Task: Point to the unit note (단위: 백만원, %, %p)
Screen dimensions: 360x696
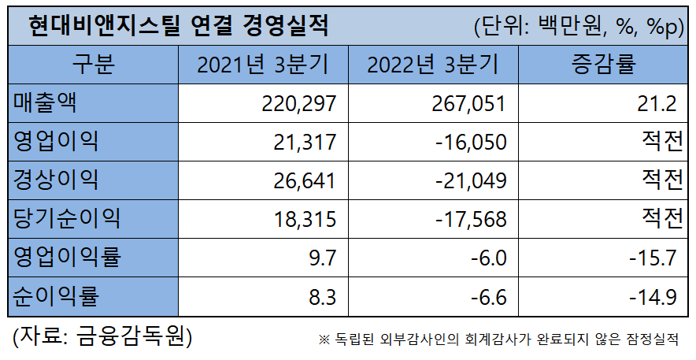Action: [578, 26]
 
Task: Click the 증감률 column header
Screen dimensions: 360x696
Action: [603, 64]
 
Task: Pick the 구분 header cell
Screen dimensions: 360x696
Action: [93, 64]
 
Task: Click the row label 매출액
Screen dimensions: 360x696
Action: [46, 102]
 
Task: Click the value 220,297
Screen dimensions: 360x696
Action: [298, 102]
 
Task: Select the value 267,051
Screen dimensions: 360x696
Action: [468, 102]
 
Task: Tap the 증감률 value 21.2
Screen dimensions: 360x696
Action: [659, 102]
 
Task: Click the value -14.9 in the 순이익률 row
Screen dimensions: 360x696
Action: [652, 296]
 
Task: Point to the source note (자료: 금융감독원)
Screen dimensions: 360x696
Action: [102, 337]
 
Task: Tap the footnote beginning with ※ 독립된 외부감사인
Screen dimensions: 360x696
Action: [498, 340]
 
